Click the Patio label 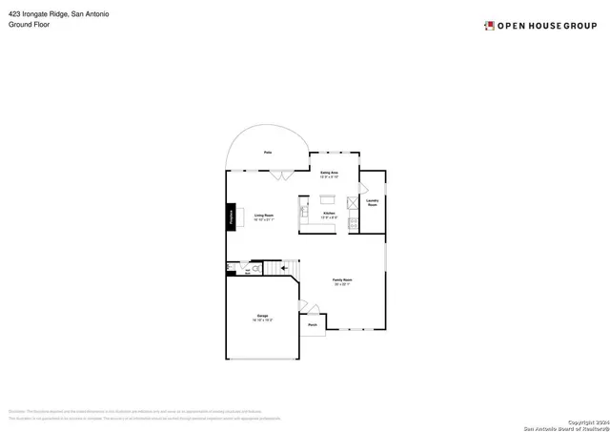coord(268,153)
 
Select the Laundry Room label coord(373,202)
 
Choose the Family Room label coord(342,281)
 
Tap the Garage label coord(262,317)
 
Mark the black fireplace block coord(232,216)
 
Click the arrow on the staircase coord(283,269)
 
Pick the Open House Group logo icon coord(489,25)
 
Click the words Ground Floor coord(29,25)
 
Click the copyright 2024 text coord(584,421)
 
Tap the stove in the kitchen coord(354,224)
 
